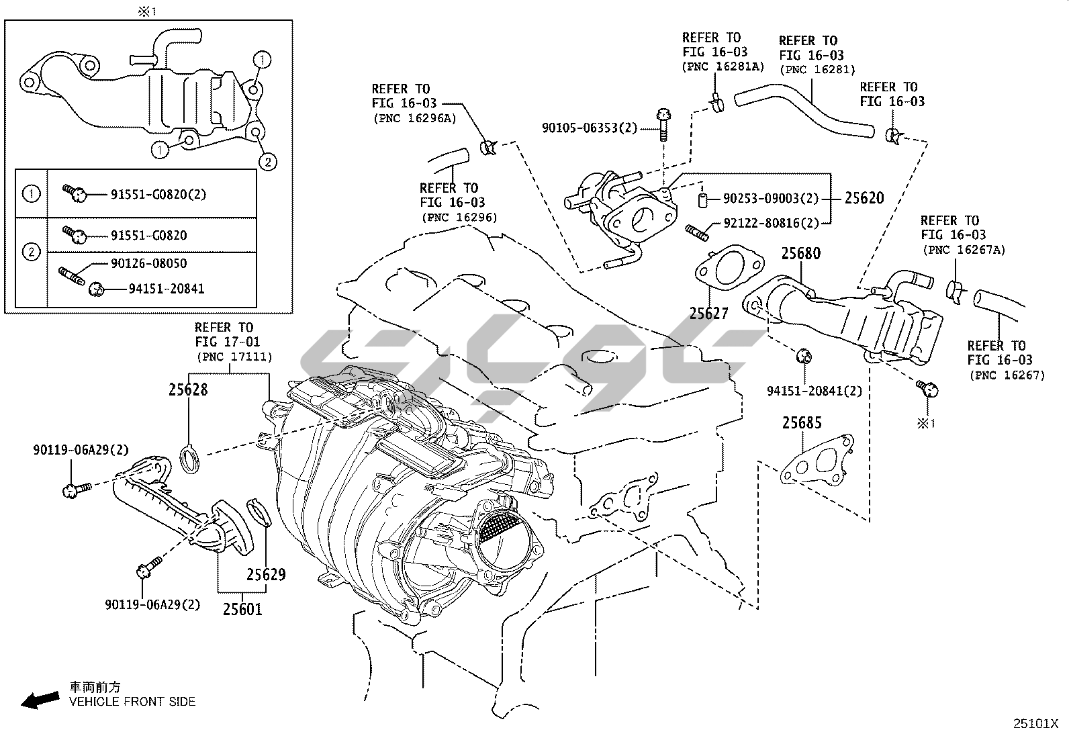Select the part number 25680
(x=800, y=254)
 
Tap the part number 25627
(x=708, y=313)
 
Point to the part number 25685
(x=802, y=423)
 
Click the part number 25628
(x=188, y=389)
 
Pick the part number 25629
(x=266, y=574)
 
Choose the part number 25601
(x=242, y=609)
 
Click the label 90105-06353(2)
(x=589, y=128)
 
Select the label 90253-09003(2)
(x=772, y=199)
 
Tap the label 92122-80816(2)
(x=772, y=224)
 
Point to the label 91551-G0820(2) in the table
(x=158, y=195)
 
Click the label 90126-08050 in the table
(x=148, y=263)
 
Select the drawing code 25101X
(x=1035, y=724)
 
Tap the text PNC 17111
(x=234, y=357)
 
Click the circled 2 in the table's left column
(x=31, y=252)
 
